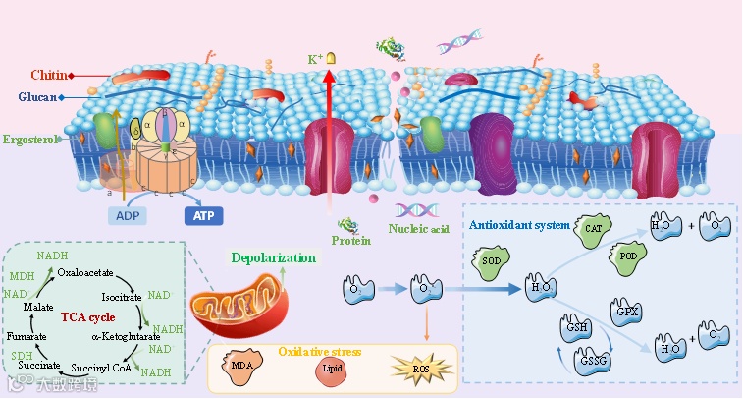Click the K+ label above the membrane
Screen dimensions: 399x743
(315, 60)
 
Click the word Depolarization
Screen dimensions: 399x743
(274, 258)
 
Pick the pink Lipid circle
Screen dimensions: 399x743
(331, 369)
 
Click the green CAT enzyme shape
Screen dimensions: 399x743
(593, 229)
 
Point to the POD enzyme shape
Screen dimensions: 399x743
(629, 256)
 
